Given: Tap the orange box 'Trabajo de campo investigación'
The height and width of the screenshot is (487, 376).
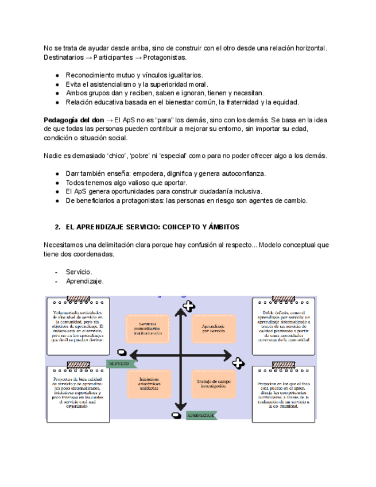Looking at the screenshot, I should tap(213, 383).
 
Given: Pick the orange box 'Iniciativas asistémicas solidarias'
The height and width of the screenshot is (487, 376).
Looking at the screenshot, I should tap(148, 383).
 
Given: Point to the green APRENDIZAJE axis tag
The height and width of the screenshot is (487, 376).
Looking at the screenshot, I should tap(201, 415).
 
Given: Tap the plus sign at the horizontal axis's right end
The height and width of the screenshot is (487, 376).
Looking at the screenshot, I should tap(238, 362).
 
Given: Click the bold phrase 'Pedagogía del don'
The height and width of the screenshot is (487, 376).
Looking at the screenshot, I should tap(74, 120).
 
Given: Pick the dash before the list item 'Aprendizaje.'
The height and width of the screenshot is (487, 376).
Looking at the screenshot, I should tap(56, 281).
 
